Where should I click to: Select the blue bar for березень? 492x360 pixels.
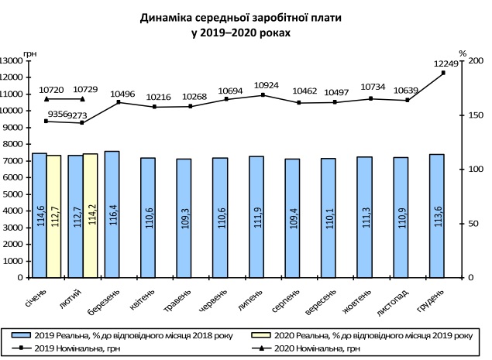(112, 214)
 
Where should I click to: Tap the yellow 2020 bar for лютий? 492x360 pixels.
(90, 215)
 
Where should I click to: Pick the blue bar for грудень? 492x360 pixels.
(436, 215)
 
